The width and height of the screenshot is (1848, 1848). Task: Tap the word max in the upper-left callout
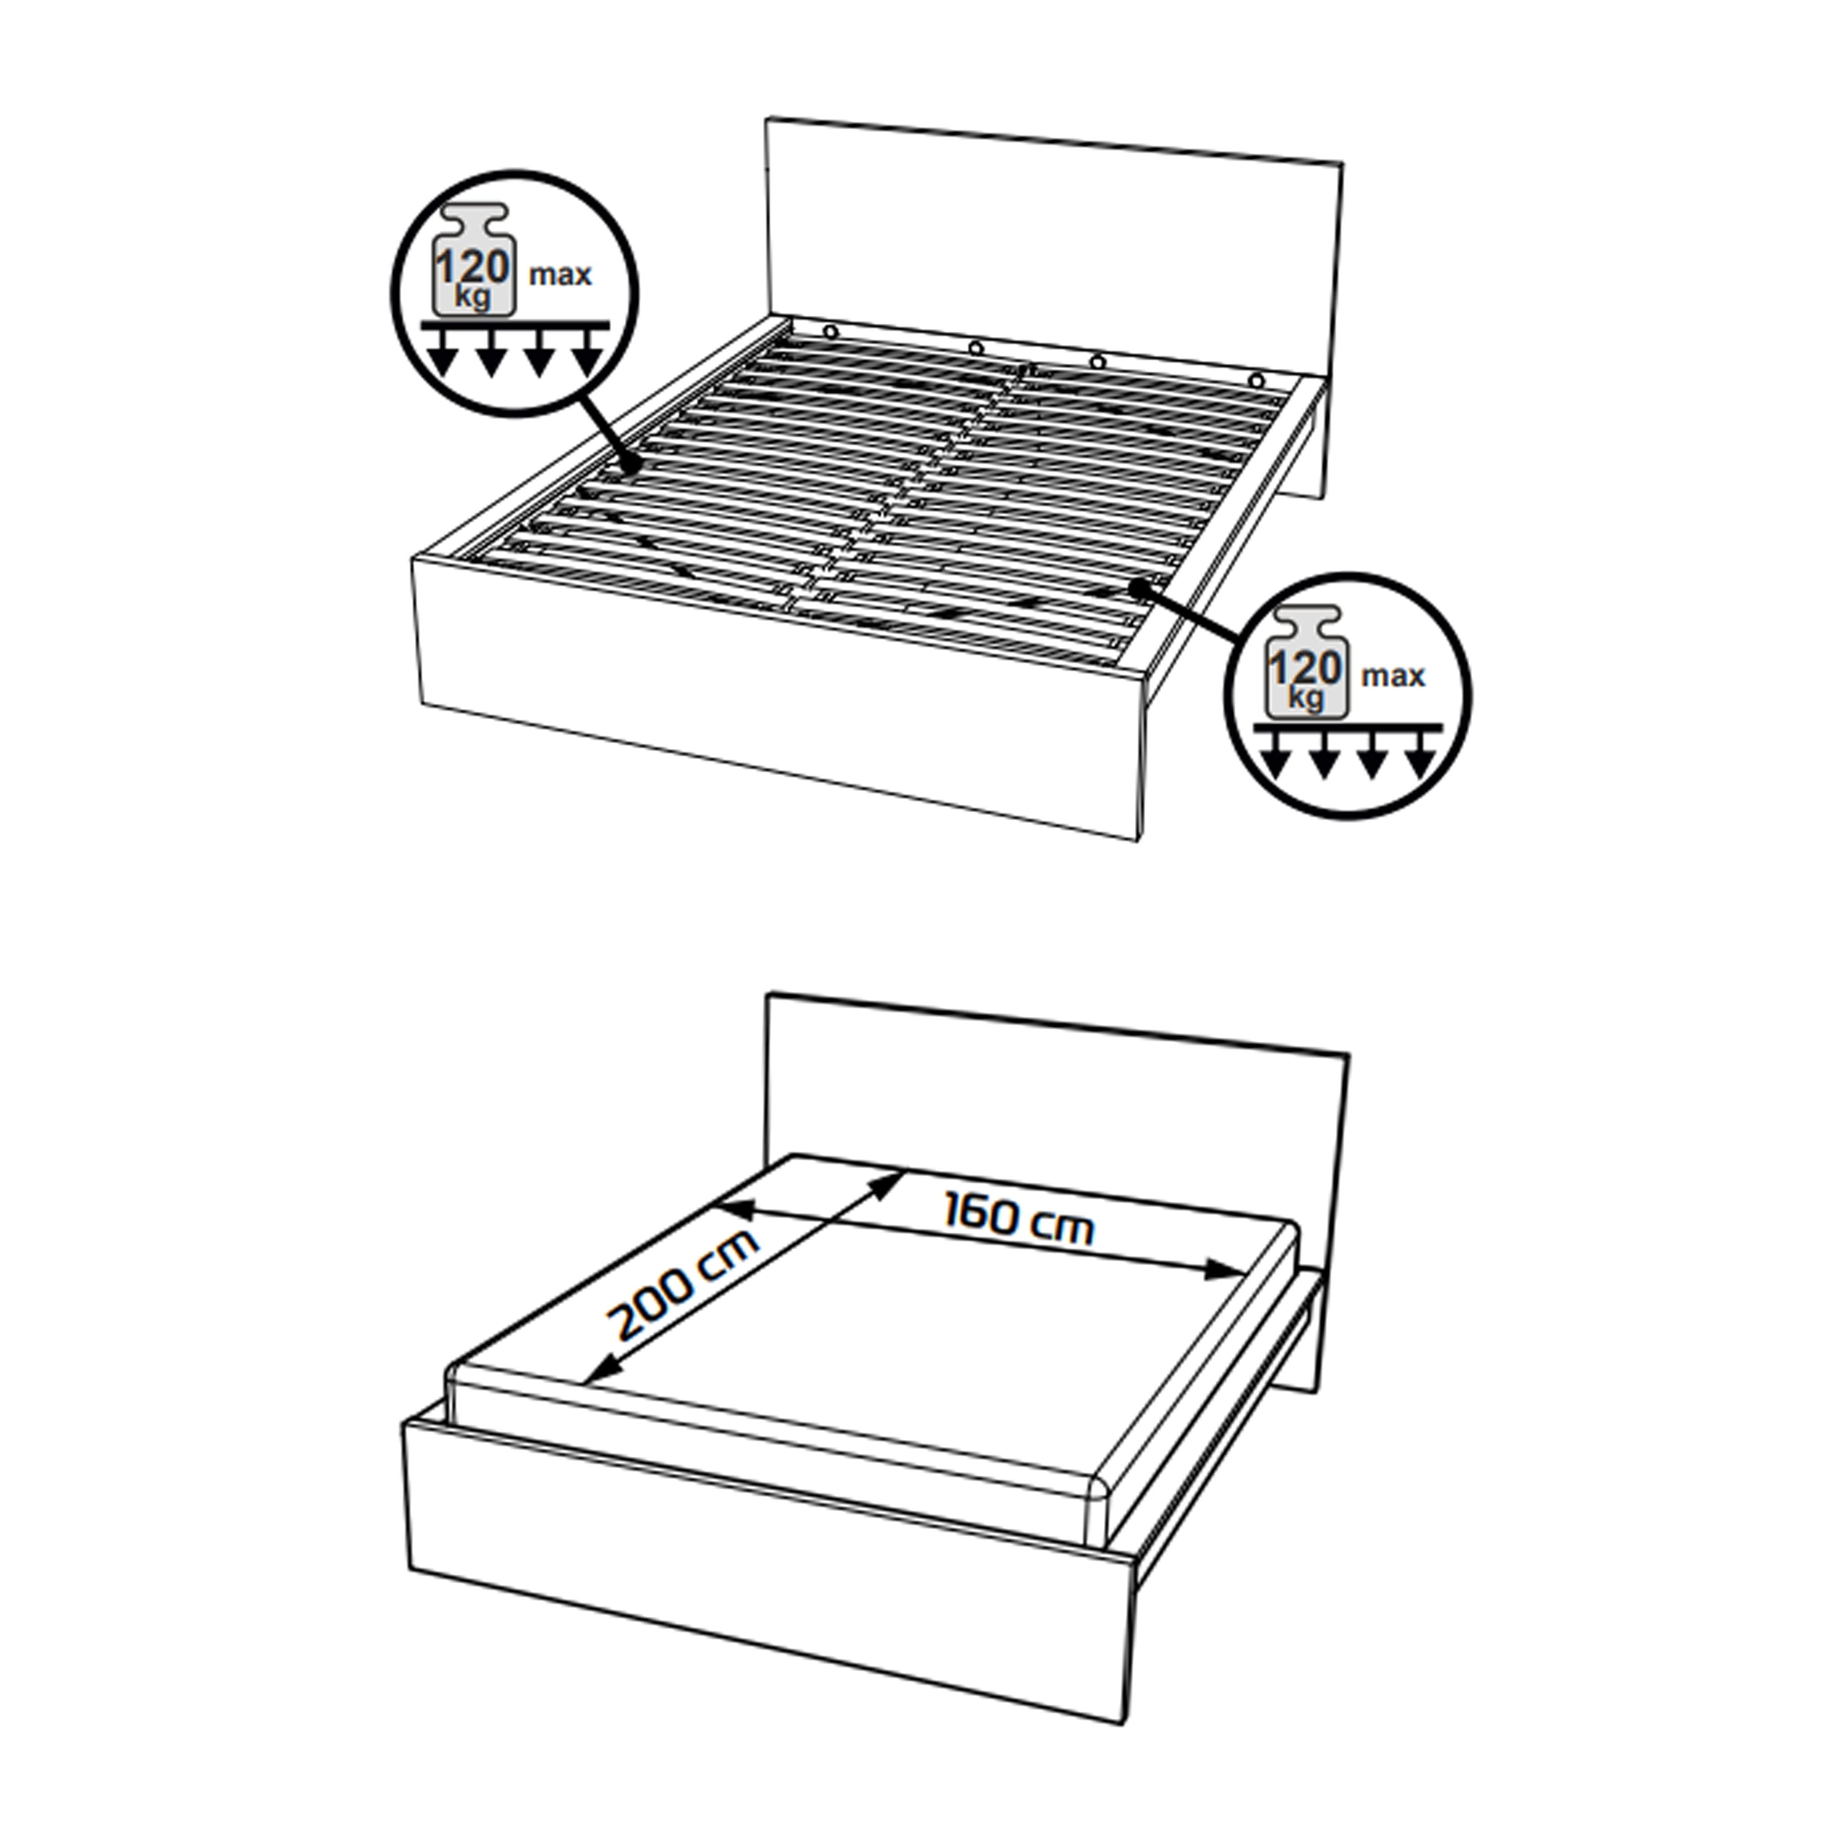pos(561,275)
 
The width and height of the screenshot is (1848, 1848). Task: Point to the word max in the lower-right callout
pos(1394,676)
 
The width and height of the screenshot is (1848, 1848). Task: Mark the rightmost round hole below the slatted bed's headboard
pos(1255,380)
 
